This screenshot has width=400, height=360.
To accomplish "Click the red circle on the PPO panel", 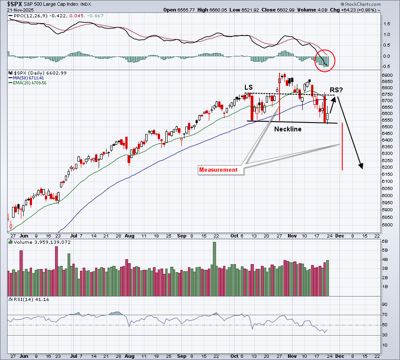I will click(x=325, y=60).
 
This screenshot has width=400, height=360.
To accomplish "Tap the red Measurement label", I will click(x=219, y=170).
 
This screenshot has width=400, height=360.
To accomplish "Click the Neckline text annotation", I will click(x=288, y=129).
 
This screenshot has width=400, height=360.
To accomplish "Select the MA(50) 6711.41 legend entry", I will click(x=30, y=78).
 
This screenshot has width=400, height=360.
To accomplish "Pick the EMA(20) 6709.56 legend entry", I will click(x=31, y=83).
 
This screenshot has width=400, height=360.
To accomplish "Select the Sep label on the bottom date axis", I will click(x=182, y=356).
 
